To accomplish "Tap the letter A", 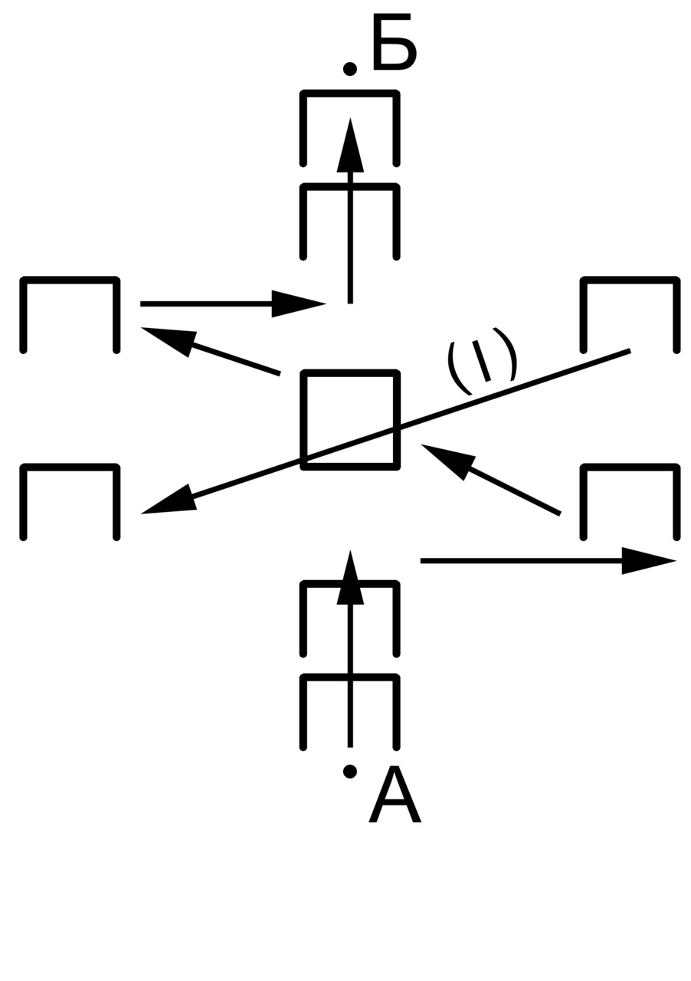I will (395, 796).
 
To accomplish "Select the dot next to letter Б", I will (349, 70).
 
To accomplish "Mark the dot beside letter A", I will (349, 771).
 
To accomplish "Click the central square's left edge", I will (304, 420).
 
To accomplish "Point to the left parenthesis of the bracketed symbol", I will (457, 369).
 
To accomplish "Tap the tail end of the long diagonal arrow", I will (628, 351).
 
